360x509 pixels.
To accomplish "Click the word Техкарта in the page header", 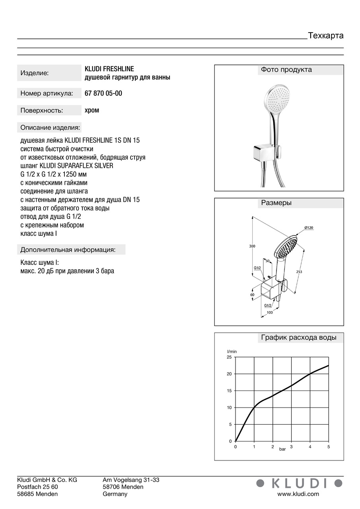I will pyautogui.click(x=326, y=36).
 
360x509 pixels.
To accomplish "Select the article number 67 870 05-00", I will pyautogui.click(x=103, y=93).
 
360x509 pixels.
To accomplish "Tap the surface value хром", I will pyautogui.click(x=92, y=110).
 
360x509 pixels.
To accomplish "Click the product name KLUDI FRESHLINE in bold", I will pyautogui.click(x=109, y=69).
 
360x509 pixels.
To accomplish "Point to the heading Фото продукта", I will pyautogui.click(x=286, y=70).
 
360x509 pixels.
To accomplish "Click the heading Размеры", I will pyautogui.click(x=276, y=203).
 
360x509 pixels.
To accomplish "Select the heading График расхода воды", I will pyautogui.click(x=298, y=338).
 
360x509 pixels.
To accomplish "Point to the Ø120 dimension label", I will pyautogui.click(x=309, y=227).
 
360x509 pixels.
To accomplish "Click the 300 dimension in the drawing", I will pyautogui.click(x=252, y=247).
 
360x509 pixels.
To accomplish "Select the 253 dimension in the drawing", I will pyautogui.click(x=299, y=272).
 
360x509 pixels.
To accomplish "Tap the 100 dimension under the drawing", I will pyautogui.click(x=270, y=313).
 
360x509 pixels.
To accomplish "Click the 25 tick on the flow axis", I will pyautogui.click(x=229, y=357).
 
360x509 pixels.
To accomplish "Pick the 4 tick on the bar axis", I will pyautogui.click(x=310, y=447).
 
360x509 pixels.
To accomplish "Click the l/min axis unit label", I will pyautogui.click(x=232, y=352).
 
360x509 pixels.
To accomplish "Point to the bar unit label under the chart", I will pyautogui.click(x=282, y=449).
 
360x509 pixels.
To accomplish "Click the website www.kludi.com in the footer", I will pyautogui.click(x=298, y=494).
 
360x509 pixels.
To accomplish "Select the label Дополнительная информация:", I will pyautogui.click(x=68, y=250).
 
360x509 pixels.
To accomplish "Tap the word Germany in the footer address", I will pyautogui.click(x=115, y=494).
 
